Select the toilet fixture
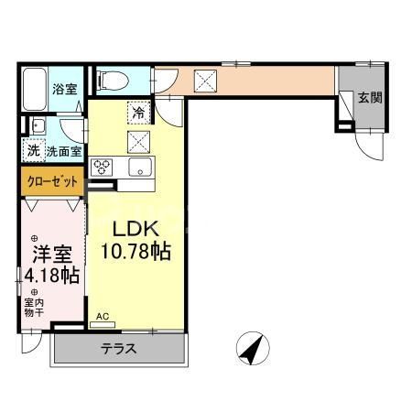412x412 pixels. point(111,79)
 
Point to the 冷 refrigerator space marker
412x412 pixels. point(137,113)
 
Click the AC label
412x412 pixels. point(103,317)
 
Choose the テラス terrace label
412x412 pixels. point(120,348)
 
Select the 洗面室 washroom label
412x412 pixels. point(65,150)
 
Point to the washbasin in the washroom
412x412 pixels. point(38,126)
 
